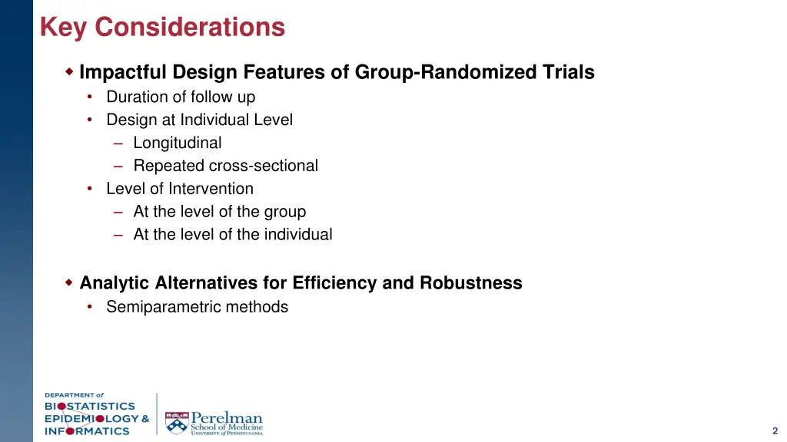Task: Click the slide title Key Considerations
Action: (162, 28)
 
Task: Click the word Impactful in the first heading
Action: (123, 73)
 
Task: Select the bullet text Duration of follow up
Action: (181, 97)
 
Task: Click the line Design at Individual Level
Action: (199, 120)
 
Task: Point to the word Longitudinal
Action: (177, 143)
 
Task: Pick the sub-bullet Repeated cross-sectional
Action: (225, 166)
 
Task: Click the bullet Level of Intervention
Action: (179, 189)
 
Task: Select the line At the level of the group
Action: (219, 212)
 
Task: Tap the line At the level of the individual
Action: (232, 235)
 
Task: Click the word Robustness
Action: (470, 283)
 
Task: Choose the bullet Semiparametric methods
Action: (197, 307)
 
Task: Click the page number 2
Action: (775, 430)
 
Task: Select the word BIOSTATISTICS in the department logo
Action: (89, 406)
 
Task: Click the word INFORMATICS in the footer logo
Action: (87, 430)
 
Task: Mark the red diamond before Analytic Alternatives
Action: (69, 283)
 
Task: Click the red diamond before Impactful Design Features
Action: (69, 72)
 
